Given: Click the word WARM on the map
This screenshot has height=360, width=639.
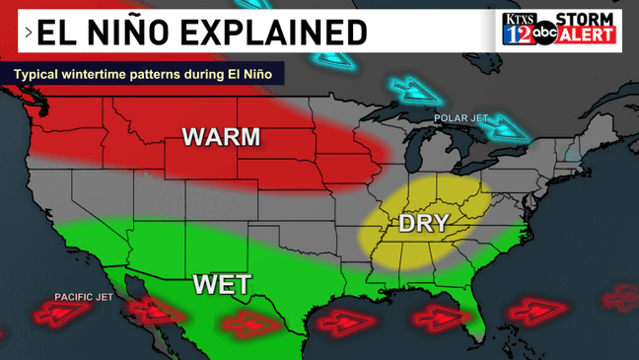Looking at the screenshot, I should pos(220,136).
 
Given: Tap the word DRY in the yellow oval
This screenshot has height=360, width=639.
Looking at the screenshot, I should pos(423,223).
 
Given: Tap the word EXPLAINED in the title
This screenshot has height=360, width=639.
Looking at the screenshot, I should pos(279,32).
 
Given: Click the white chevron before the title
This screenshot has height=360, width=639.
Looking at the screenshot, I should pos(29,33).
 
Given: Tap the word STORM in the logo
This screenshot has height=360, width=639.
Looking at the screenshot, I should pos(586,20).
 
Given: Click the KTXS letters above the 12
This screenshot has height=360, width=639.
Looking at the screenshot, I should pos(517,18).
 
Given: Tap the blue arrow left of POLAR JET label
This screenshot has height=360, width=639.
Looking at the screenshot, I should pos(413,93).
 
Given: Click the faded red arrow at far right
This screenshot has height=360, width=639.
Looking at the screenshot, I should pos(615,296).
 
